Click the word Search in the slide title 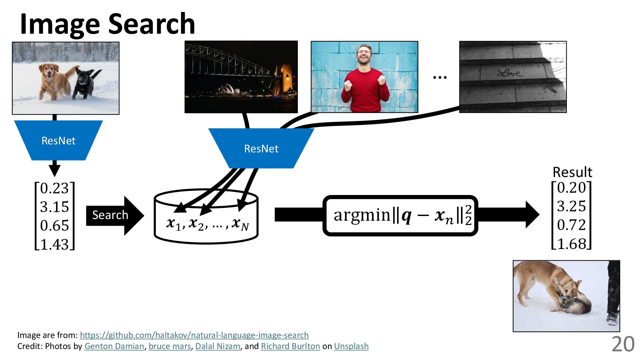click(x=152, y=24)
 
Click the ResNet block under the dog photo click(x=58, y=140)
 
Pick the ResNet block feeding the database click(x=261, y=148)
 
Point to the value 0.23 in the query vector click(x=54, y=188)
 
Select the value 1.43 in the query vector click(x=54, y=244)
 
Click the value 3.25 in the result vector click(x=571, y=206)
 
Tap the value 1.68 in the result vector click(x=571, y=244)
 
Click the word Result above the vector click(x=572, y=172)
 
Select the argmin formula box click(x=400, y=215)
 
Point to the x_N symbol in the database click(x=240, y=224)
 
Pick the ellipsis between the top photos click(x=439, y=77)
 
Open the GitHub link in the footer click(x=194, y=335)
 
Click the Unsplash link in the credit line click(x=351, y=346)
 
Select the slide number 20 click(x=623, y=344)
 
